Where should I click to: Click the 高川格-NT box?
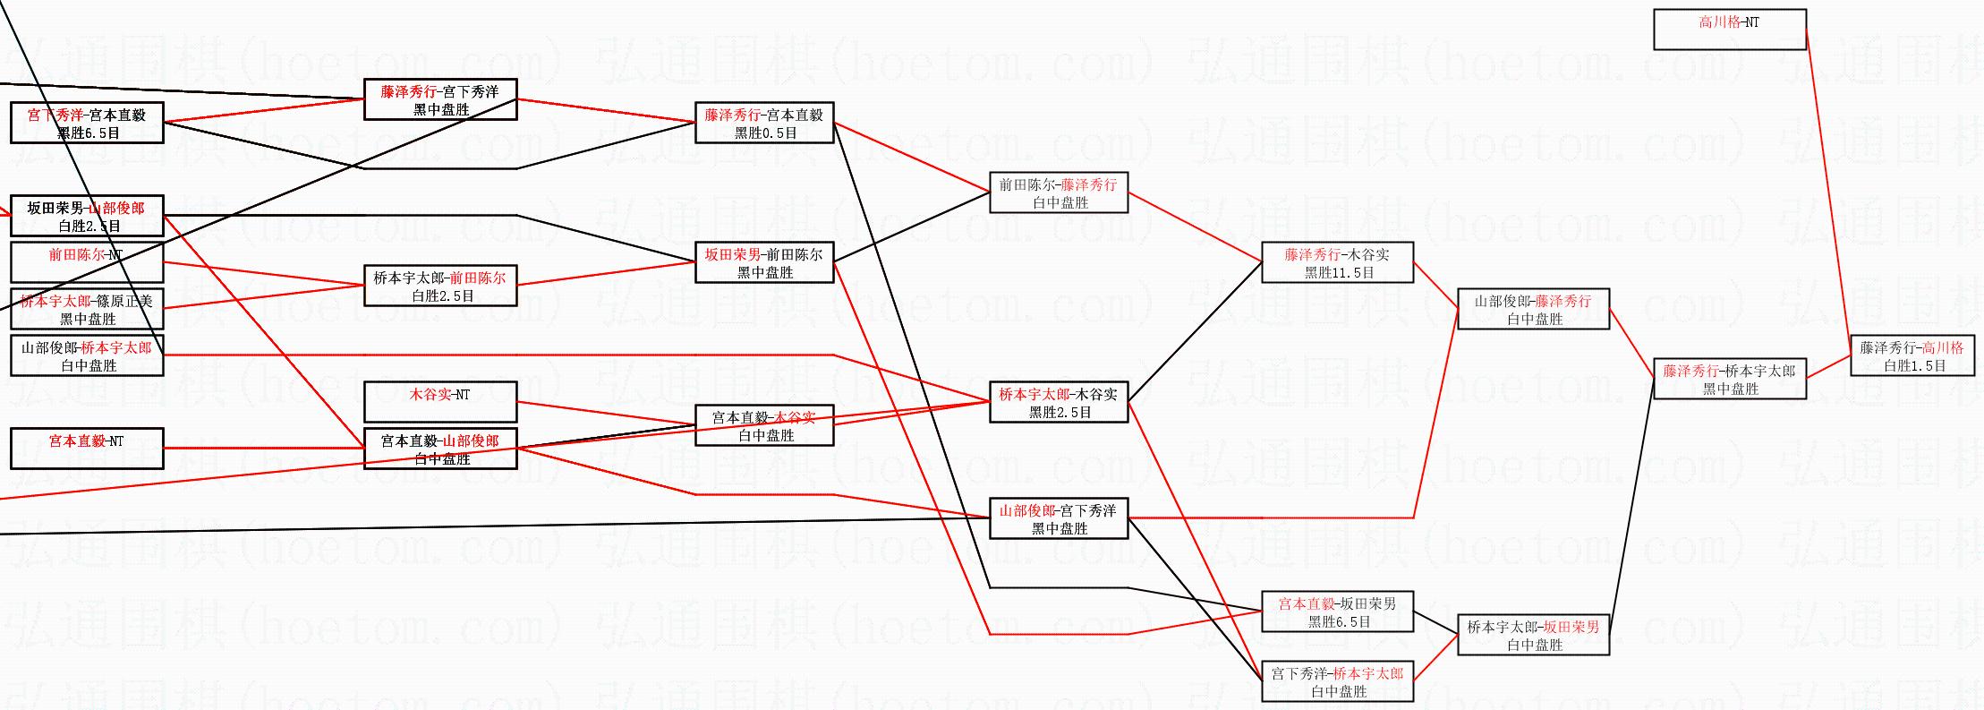pos(1729,30)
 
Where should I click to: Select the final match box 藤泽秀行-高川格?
pos(1912,356)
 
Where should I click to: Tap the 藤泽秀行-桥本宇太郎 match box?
pos(1729,380)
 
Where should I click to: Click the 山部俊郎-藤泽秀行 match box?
pos(1533,310)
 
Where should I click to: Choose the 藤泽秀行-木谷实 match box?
pos(1337,263)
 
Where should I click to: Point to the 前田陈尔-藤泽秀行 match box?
pos(1058,193)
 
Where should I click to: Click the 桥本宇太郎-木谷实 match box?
pos(1058,403)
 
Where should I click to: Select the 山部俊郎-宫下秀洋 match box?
pos(1058,519)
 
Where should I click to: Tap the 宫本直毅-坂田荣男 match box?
pos(1337,612)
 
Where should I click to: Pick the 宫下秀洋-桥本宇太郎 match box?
pos(1337,682)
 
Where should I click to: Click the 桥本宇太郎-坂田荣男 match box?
pos(1533,636)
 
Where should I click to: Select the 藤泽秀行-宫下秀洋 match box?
pos(439,100)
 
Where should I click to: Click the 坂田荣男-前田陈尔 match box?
pos(763,263)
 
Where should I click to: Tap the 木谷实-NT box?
pos(439,402)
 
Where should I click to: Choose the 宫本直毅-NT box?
pos(87,449)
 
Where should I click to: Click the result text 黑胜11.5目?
pos(1339,273)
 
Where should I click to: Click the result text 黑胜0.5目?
pos(765,133)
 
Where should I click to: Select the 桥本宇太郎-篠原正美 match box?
pos(87,310)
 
